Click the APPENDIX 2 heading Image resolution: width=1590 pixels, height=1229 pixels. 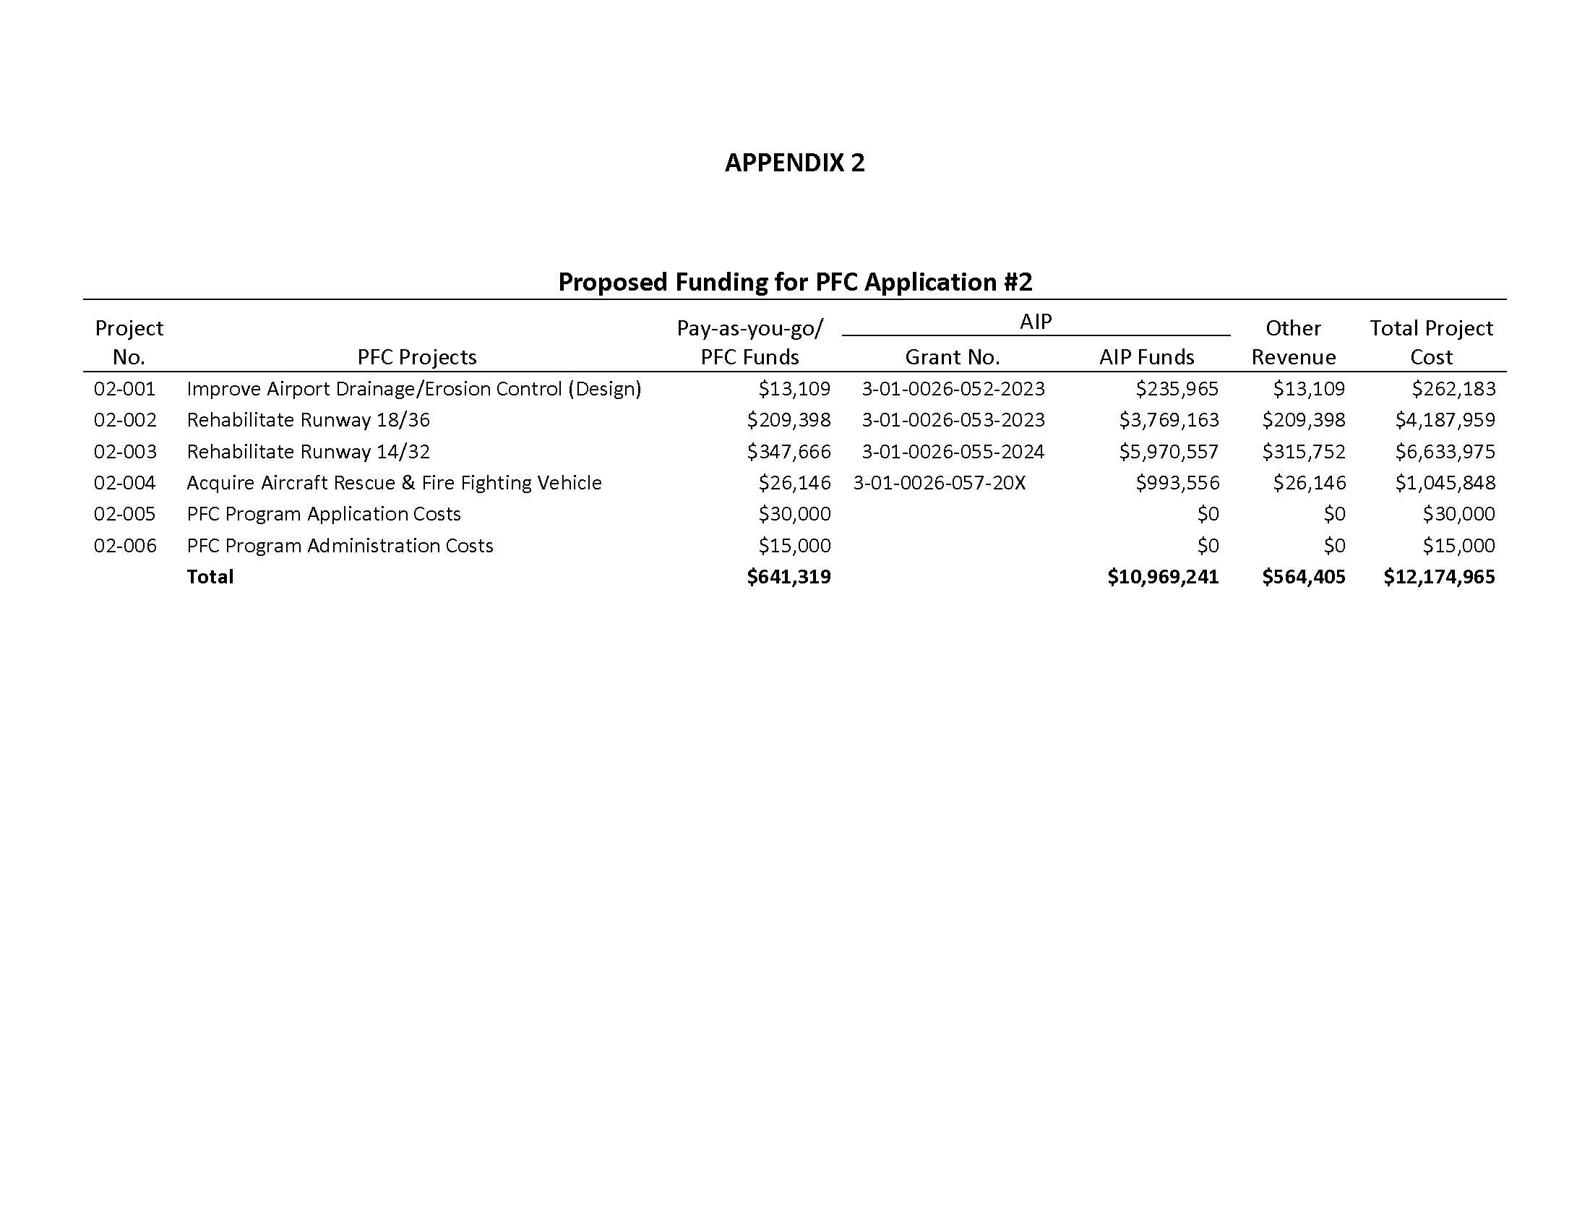(x=794, y=163)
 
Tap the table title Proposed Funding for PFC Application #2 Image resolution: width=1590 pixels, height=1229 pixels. (x=795, y=282)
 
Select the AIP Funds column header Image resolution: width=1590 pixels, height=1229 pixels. (x=1147, y=356)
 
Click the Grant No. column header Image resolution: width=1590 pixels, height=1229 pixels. (x=953, y=356)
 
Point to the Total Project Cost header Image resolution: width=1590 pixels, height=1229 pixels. (x=1430, y=342)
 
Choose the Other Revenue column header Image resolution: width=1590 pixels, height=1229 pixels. (x=1293, y=342)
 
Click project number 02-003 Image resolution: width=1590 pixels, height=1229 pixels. (x=125, y=451)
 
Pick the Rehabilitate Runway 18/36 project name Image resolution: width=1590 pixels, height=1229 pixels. (x=308, y=420)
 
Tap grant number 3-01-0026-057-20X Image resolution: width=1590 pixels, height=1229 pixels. (x=939, y=483)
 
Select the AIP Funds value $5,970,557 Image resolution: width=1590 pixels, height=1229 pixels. (x=1169, y=451)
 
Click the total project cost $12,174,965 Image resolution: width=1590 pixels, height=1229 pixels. (x=1438, y=577)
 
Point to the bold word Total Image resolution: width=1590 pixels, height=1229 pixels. (x=210, y=577)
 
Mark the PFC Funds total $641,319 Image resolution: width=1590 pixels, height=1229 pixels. (x=788, y=577)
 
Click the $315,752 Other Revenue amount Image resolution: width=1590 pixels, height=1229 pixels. (x=1303, y=451)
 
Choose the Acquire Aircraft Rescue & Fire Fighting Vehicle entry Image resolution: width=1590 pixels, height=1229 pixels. (x=394, y=483)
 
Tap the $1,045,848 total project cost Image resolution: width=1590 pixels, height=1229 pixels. (x=1445, y=483)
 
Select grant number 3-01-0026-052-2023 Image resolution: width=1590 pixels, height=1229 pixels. (x=953, y=389)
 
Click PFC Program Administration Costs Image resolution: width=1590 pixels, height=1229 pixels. (x=339, y=545)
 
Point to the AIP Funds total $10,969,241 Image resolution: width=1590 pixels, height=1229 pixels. (x=1163, y=577)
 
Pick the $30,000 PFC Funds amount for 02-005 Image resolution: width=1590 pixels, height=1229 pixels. (x=794, y=514)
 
